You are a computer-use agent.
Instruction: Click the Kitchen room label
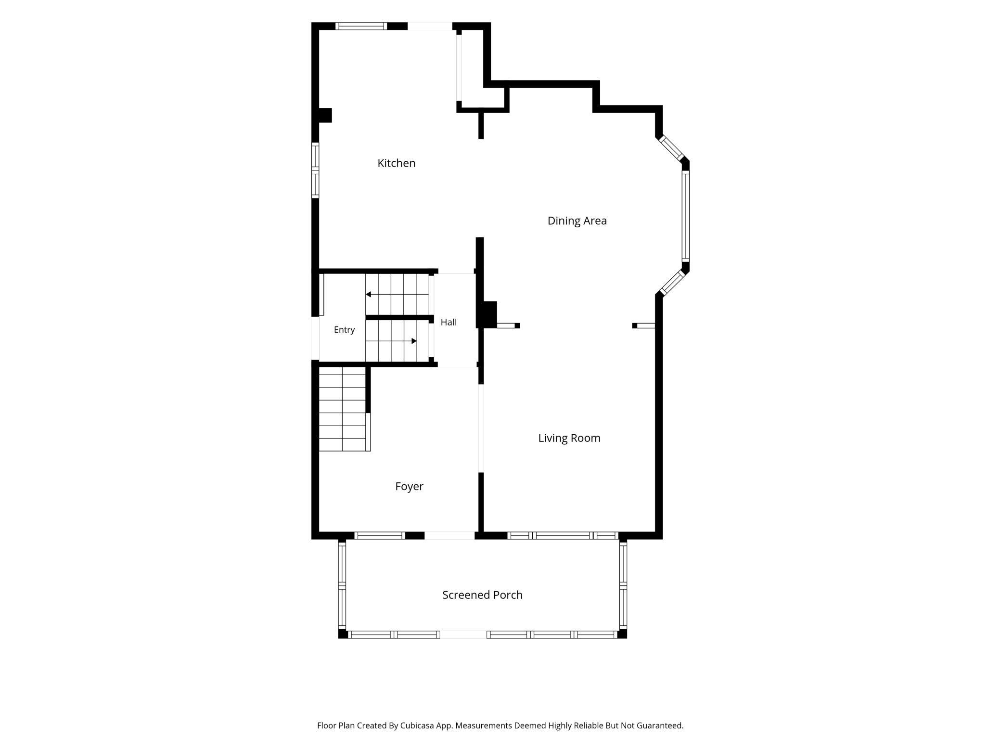pos(396,163)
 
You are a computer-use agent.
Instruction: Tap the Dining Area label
pos(577,221)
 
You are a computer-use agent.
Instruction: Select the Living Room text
pos(569,438)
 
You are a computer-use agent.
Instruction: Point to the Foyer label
pos(409,487)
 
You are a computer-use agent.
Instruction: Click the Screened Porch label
pos(482,595)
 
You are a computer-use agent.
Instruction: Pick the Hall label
pos(449,322)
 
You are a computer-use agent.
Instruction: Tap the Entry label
pos(344,330)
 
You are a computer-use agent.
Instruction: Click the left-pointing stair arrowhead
pos(368,294)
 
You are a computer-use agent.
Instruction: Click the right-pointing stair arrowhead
pos(414,341)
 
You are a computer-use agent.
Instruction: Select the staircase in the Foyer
pos(345,409)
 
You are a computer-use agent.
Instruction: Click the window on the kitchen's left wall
pos(315,170)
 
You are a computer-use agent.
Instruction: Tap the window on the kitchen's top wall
pos(361,26)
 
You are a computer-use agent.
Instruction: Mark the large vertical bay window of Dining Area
pos(686,217)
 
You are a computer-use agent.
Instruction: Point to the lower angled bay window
pos(672,283)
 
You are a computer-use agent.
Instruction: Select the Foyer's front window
pos(380,535)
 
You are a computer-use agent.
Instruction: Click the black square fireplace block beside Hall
pos(489,314)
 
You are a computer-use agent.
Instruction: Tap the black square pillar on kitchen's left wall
pos(325,115)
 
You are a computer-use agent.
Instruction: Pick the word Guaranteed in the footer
pos(660,725)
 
